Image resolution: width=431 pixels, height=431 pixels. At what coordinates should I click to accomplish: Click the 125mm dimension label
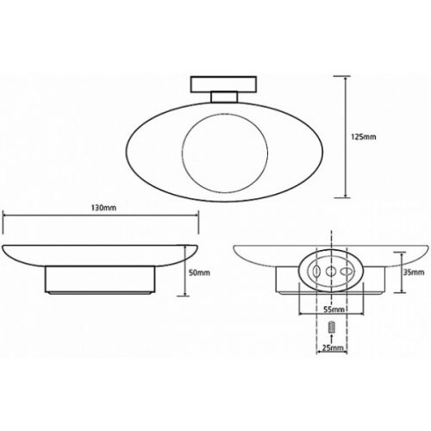[363, 137]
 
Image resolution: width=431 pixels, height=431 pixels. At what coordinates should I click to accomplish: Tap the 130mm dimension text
[103, 208]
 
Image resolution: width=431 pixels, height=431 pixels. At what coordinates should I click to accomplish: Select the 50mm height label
[199, 272]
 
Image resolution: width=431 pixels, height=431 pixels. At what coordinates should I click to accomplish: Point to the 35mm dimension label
[414, 272]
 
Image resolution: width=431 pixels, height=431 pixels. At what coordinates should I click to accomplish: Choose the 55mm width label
[334, 309]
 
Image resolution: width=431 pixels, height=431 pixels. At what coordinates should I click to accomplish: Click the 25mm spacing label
[333, 348]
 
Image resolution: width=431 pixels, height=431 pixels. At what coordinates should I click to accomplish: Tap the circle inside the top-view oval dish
[225, 114]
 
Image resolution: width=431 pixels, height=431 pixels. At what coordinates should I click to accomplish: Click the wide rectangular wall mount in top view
[223, 84]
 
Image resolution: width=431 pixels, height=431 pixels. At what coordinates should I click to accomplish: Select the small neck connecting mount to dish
[224, 97]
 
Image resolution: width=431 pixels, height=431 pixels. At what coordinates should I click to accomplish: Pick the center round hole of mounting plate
[331, 271]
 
